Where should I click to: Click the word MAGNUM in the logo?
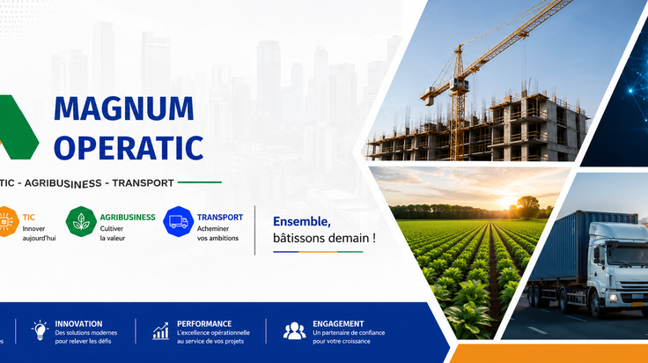tap(124, 108)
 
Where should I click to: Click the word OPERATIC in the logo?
tap(129, 148)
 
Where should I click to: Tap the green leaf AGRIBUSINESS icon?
tap(81, 222)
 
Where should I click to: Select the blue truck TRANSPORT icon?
tap(179, 222)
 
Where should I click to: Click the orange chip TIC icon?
tap(6, 222)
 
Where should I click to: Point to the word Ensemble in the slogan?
tap(302, 222)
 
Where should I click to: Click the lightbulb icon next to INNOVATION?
tap(40, 330)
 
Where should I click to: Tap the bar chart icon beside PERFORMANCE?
tap(161, 331)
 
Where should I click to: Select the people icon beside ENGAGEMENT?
tap(294, 330)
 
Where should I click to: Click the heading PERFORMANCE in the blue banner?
tap(204, 323)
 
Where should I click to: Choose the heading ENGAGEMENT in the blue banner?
tap(338, 323)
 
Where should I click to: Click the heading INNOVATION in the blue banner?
tap(78, 323)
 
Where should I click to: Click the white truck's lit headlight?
tap(614, 297)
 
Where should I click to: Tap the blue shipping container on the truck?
tap(578, 247)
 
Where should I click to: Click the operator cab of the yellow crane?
tap(460, 85)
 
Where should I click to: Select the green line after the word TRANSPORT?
tap(200, 181)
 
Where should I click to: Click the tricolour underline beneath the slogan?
tap(318, 251)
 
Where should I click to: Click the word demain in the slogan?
tap(349, 238)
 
